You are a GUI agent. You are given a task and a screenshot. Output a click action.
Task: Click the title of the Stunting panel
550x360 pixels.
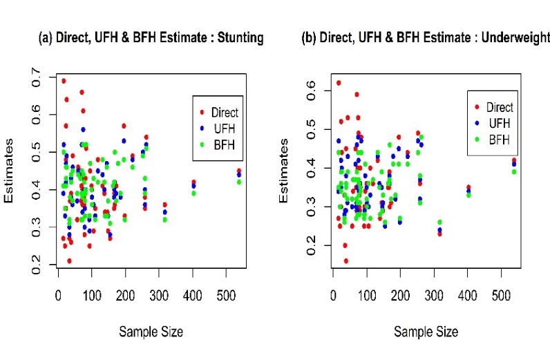coord(151,38)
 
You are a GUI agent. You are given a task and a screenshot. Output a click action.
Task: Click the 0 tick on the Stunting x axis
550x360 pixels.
coord(59,296)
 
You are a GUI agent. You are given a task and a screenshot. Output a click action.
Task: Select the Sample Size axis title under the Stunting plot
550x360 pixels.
coord(151,332)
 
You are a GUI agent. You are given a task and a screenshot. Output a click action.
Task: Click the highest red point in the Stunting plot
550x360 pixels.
coord(64,81)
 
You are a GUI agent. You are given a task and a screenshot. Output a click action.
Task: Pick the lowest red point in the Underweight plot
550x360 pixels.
coord(345,260)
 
